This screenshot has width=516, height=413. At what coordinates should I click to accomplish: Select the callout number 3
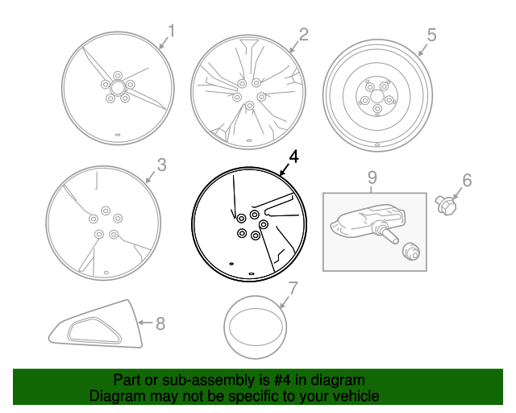coord(161,165)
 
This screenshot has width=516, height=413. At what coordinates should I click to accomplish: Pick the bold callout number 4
coord(293,157)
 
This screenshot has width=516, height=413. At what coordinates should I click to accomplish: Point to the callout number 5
coord(431,35)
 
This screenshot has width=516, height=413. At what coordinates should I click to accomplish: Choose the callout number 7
coord(293,287)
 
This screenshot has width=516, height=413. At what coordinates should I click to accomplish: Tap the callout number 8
coord(160,323)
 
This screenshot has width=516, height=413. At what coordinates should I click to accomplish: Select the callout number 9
coord(372,177)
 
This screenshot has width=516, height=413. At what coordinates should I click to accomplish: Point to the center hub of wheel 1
coord(118,86)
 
